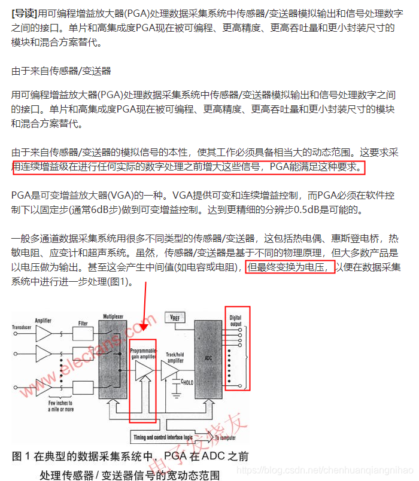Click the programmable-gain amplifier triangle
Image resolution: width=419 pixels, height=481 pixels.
[x=144, y=371]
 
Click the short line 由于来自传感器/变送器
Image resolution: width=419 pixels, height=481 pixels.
[x=62, y=71]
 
